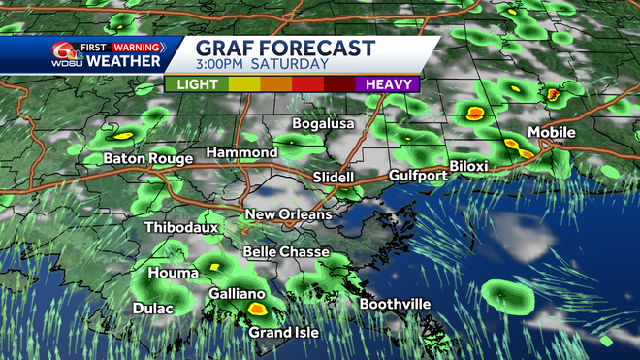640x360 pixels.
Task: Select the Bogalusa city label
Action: tap(324, 124)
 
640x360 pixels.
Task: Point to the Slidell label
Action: tap(335, 178)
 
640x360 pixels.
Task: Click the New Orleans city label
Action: tap(288, 214)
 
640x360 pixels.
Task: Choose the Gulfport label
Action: tap(417, 176)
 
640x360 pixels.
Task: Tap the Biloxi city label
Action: tap(468, 166)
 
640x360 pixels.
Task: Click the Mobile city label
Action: tap(551, 132)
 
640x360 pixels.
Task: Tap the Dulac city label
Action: tap(152, 309)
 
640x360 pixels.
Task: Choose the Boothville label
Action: tap(395, 304)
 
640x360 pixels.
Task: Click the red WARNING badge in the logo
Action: tap(137, 46)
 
